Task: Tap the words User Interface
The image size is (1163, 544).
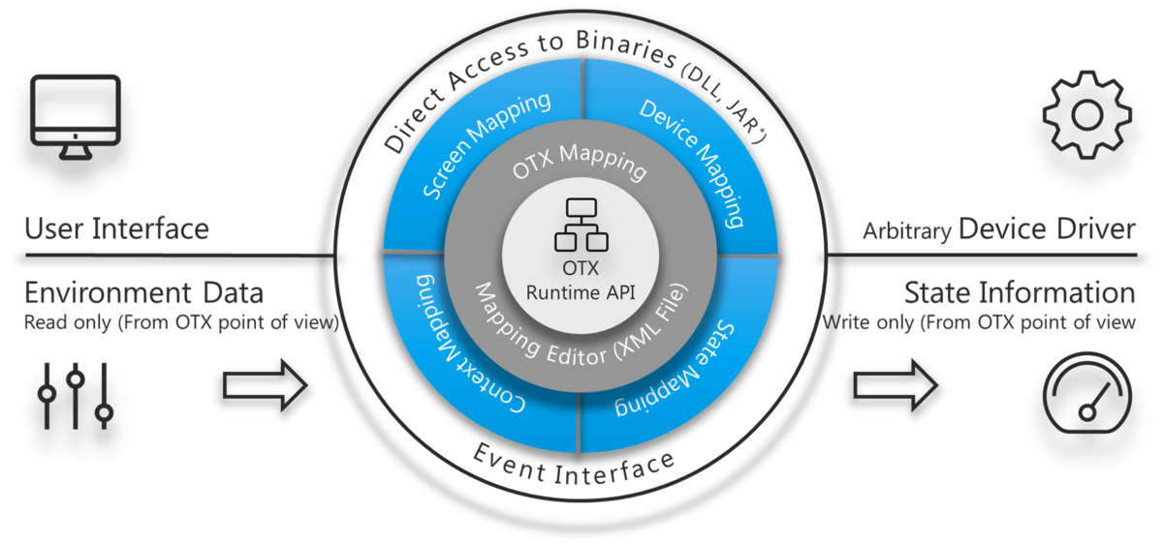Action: point(116,229)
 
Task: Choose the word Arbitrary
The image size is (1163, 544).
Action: point(905,231)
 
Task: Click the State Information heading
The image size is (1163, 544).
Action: point(1019,292)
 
